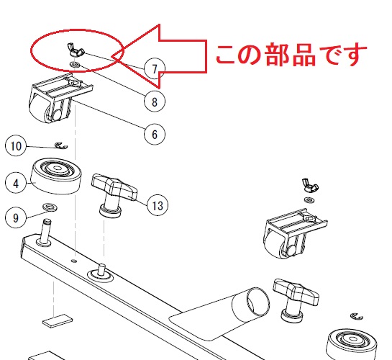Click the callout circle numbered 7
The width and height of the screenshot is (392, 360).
point(155,69)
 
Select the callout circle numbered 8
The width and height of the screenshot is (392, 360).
point(155,102)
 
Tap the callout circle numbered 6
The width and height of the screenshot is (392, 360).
point(155,134)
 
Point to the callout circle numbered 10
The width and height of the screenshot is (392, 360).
point(16,146)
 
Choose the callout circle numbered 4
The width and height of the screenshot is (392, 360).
point(16,183)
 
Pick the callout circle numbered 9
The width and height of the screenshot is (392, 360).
point(16,217)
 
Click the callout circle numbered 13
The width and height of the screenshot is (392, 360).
point(158,205)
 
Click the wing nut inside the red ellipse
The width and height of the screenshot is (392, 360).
point(76,50)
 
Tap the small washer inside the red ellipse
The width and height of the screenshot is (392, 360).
point(74,65)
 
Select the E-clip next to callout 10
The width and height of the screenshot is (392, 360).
point(61,145)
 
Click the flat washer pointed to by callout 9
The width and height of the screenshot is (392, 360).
point(50,207)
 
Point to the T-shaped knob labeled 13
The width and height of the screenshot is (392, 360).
point(114,195)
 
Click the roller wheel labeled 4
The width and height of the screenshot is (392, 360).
point(56,176)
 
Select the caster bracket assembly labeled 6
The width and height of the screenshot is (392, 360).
point(60,99)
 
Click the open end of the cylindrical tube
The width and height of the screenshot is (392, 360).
point(258,301)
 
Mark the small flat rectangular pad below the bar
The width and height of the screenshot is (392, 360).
point(58,320)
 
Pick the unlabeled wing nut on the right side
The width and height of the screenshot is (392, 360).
point(310,185)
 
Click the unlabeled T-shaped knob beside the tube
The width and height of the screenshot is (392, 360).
point(296,300)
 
